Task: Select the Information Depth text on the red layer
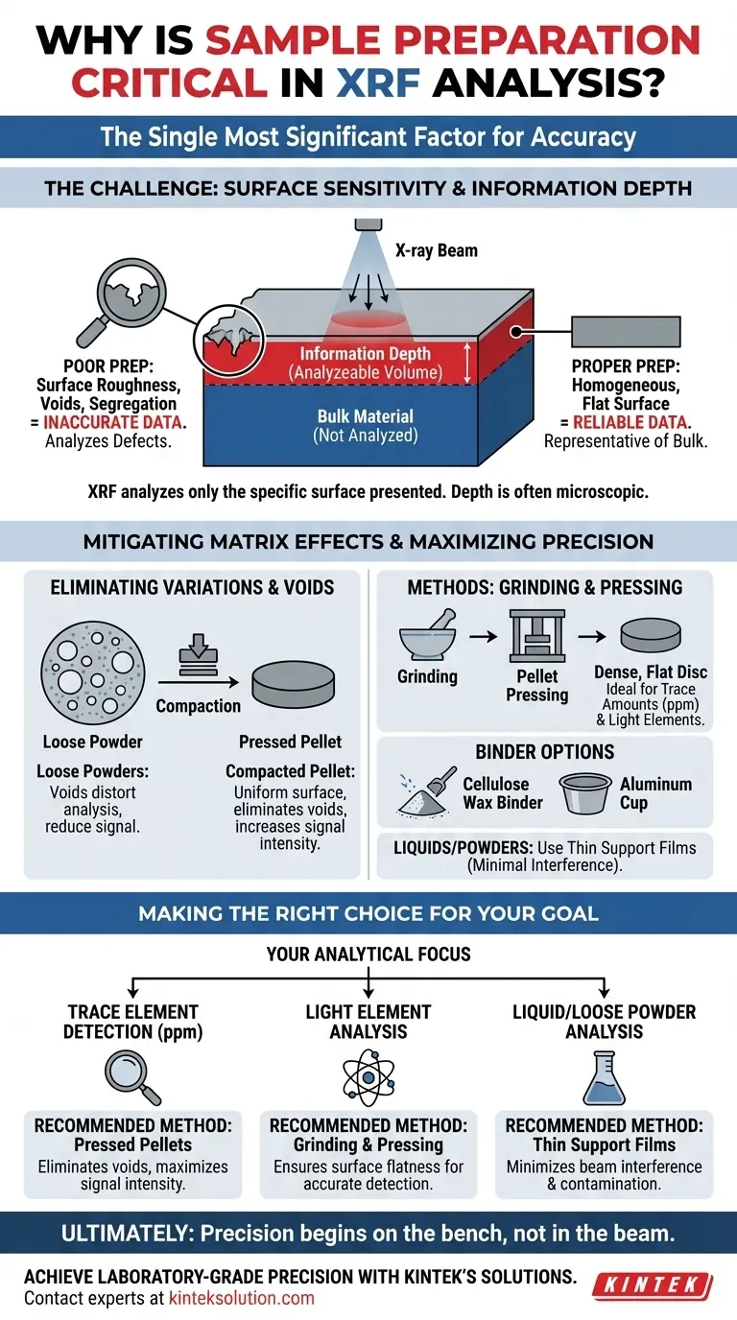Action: point(365,354)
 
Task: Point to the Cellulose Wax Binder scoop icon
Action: point(427,792)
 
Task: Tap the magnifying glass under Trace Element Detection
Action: point(131,1075)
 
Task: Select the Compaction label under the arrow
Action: point(198,706)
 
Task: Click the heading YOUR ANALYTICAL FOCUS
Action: point(368,954)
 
